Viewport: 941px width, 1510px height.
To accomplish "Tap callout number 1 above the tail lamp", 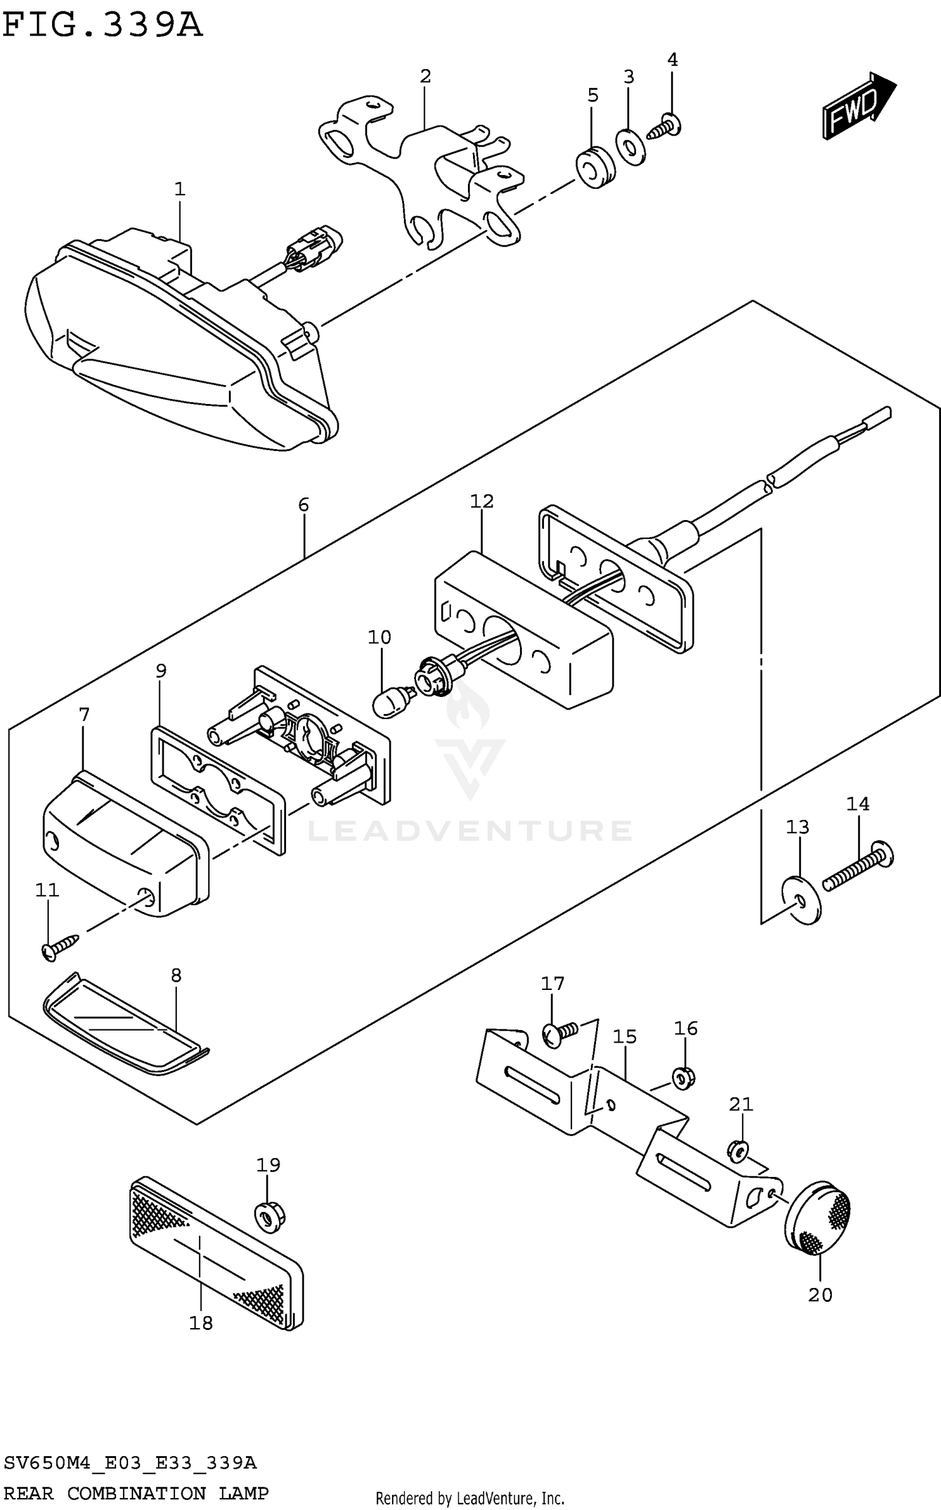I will tap(179, 189).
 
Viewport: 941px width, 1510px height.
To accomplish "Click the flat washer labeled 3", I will tap(630, 147).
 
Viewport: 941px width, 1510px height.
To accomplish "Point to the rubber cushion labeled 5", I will tap(595, 168).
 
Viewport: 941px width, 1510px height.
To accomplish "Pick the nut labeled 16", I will tap(684, 1078).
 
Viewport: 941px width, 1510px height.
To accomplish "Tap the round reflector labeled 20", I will tap(817, 1220).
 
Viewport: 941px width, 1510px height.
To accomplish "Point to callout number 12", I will tap(482, 501).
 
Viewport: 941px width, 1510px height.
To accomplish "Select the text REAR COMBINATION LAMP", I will tap(136, 1492).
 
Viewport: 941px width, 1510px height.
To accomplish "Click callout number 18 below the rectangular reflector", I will tap(201, 1322).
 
